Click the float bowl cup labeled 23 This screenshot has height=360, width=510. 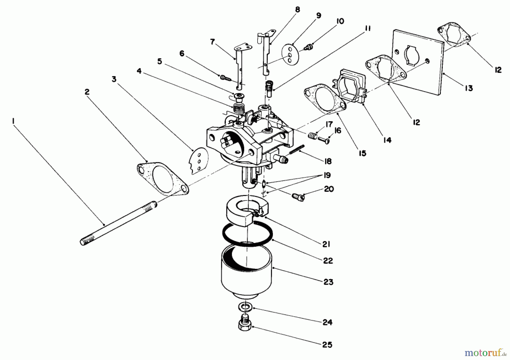(x=246, y=272)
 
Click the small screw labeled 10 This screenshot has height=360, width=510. (x=307, y=47)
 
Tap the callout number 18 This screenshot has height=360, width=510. (x=328, y=161)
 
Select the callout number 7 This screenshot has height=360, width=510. (x=212, y=42)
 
